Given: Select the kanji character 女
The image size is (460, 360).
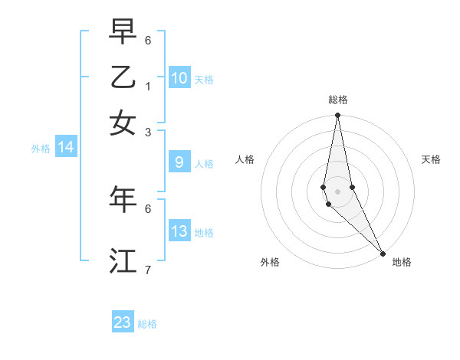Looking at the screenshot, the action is pos(123,123).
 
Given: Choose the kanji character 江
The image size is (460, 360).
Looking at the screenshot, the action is pos(123,260).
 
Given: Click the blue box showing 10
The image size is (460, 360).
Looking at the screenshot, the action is pos(179,78).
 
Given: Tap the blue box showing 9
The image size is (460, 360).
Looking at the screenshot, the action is pos(179,162).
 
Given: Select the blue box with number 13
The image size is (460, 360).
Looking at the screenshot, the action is pos(179,231).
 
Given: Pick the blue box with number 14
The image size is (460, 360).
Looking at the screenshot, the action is pos(66,147).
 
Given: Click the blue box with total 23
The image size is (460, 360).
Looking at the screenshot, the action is pos(123,322).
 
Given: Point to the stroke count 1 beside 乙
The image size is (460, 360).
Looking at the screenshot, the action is pos(148,86).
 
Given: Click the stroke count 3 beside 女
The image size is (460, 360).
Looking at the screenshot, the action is pos(148,132).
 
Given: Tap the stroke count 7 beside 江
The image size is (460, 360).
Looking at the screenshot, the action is pos(148,270).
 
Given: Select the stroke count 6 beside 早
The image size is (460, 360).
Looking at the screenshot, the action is pos(148,40).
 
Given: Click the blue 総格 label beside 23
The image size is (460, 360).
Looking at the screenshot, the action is pos(147,324).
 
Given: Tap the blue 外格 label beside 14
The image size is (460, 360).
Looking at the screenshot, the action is pos(41,149).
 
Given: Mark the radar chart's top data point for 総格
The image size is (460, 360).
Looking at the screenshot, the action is pos(337,116).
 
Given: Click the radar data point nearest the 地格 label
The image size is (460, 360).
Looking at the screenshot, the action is pos(383,254).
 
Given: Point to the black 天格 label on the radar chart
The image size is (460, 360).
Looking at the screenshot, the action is pos(432,159).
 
